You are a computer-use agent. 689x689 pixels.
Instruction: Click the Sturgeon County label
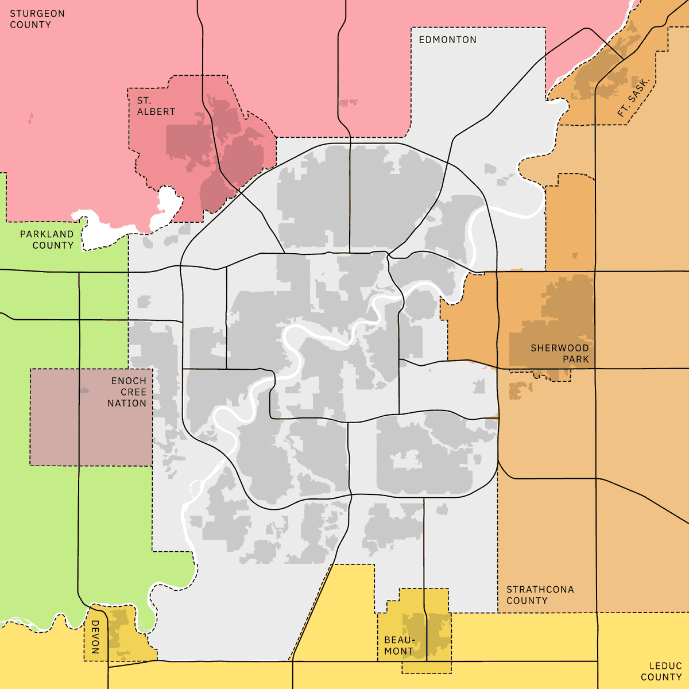tap(37, 19)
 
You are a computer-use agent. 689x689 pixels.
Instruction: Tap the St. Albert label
tap(156, 106)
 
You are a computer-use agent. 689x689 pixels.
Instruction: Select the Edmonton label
tap(447, 40)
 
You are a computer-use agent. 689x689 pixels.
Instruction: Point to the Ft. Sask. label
tap(633, 97)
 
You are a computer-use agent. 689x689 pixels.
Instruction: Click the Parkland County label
tap(47, 239)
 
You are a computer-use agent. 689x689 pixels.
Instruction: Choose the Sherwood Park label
tap(560, 354)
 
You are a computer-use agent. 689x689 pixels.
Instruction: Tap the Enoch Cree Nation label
tap(127, 392)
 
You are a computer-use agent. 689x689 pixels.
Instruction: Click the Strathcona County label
tap(540, 595)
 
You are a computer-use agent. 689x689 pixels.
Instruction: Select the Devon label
tap(95, 637)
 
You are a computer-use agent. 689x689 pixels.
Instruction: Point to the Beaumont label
tap(399, 645)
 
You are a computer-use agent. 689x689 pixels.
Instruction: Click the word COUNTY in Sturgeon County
tap(30, 25)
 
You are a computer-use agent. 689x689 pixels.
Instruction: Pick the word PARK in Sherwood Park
tap(576, 359)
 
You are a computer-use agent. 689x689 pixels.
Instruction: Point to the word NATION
tap(127, 403)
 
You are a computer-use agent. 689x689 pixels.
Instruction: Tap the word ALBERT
tap(156, 111)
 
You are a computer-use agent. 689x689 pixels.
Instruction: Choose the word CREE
tap(133, 392)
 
